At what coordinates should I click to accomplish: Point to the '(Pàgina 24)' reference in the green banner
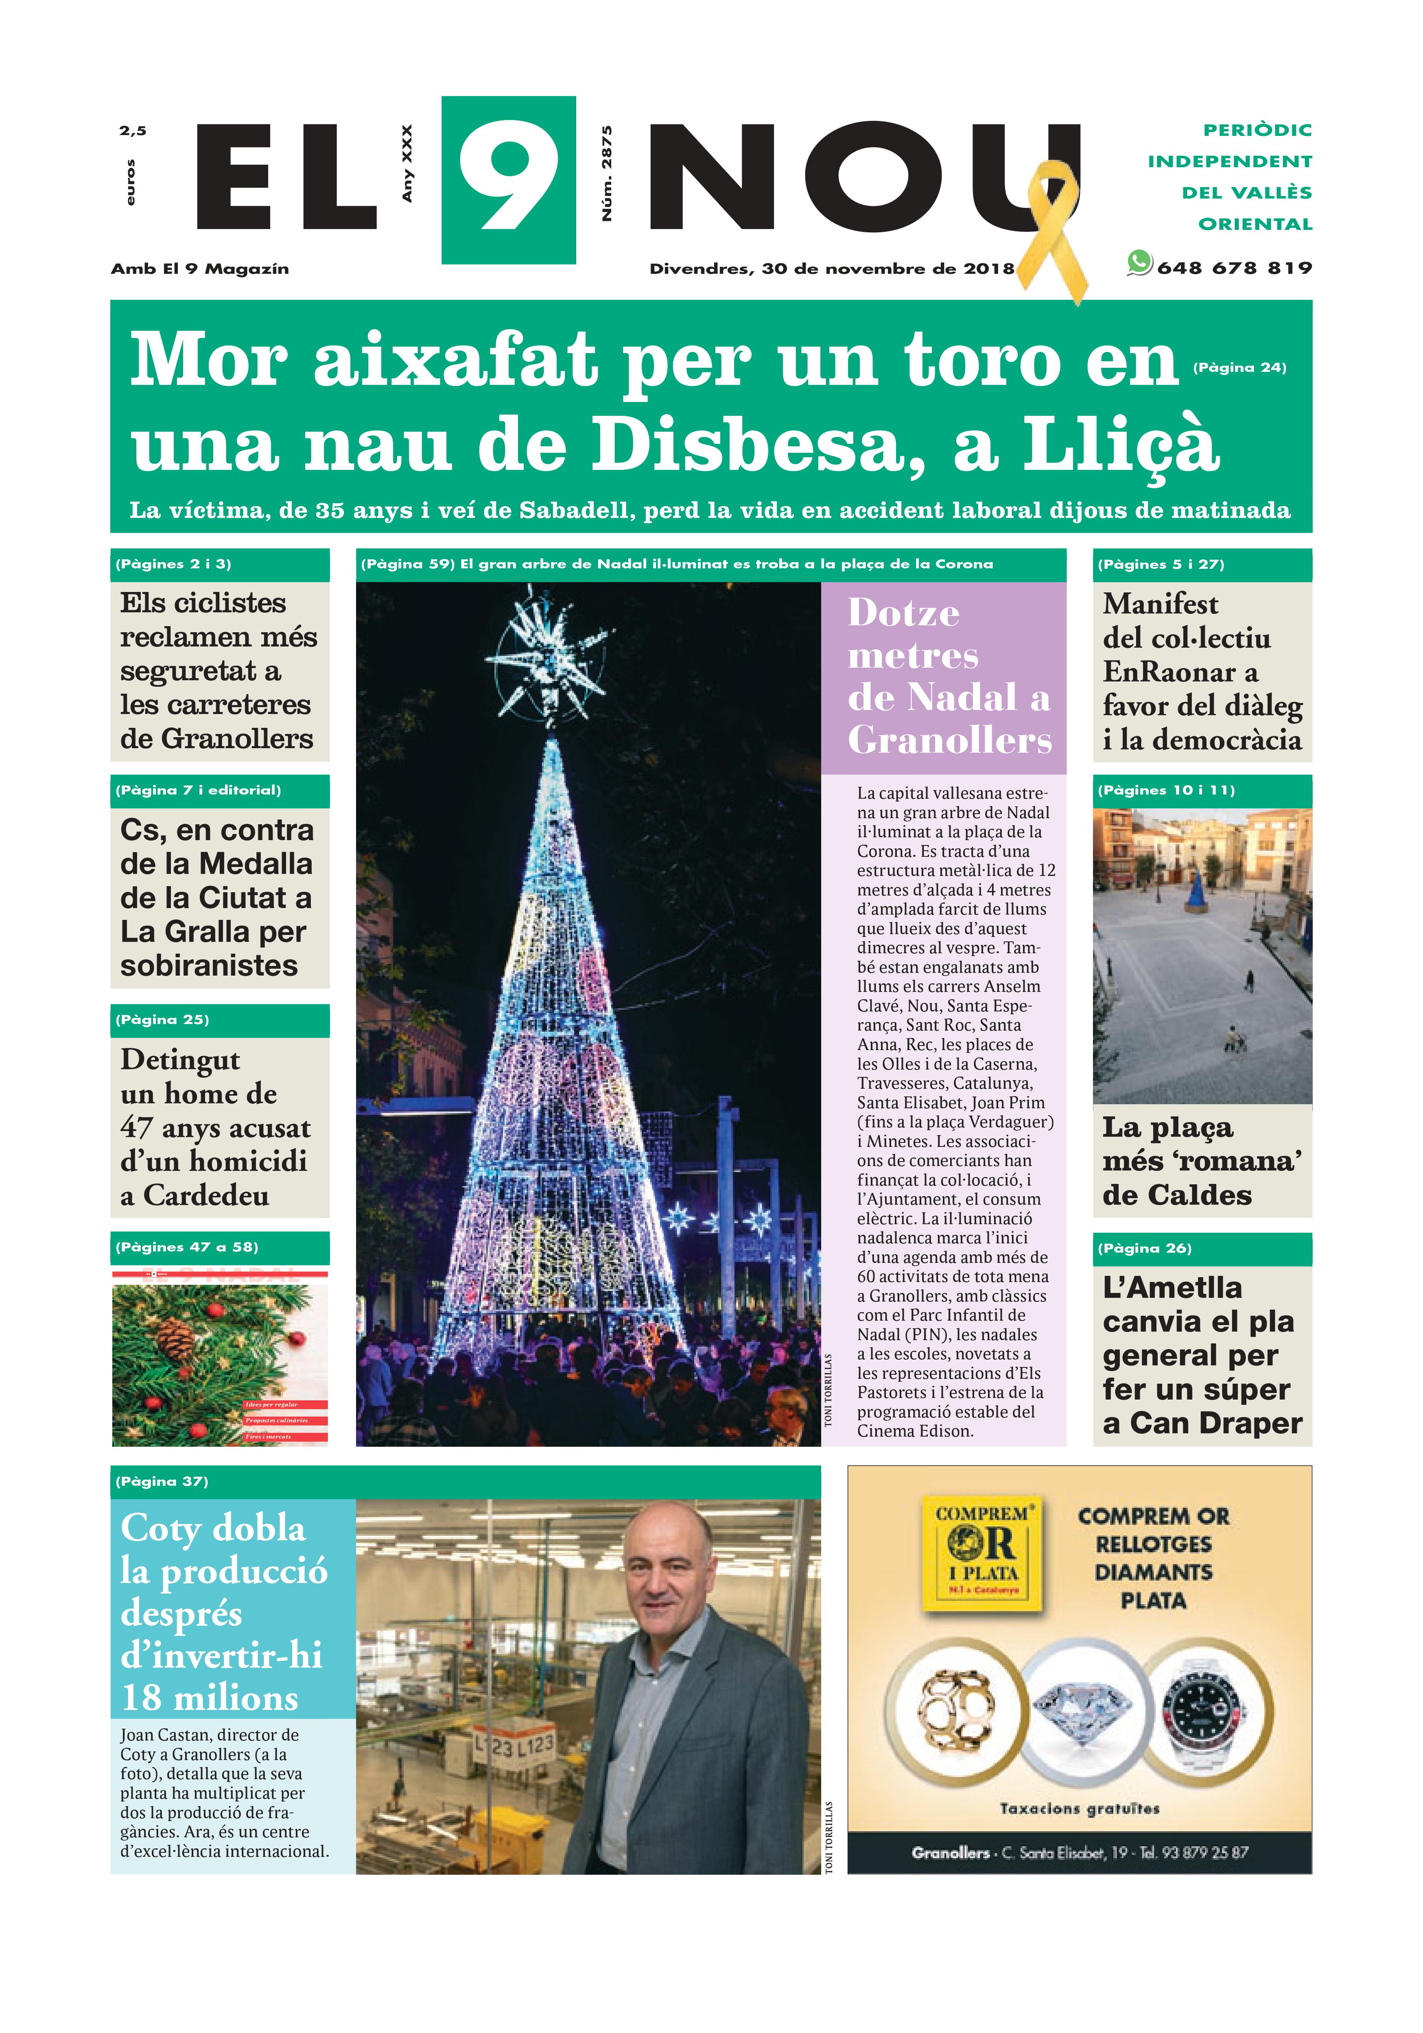click(1239, 367)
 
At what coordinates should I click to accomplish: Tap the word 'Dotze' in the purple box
click(903, 613)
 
